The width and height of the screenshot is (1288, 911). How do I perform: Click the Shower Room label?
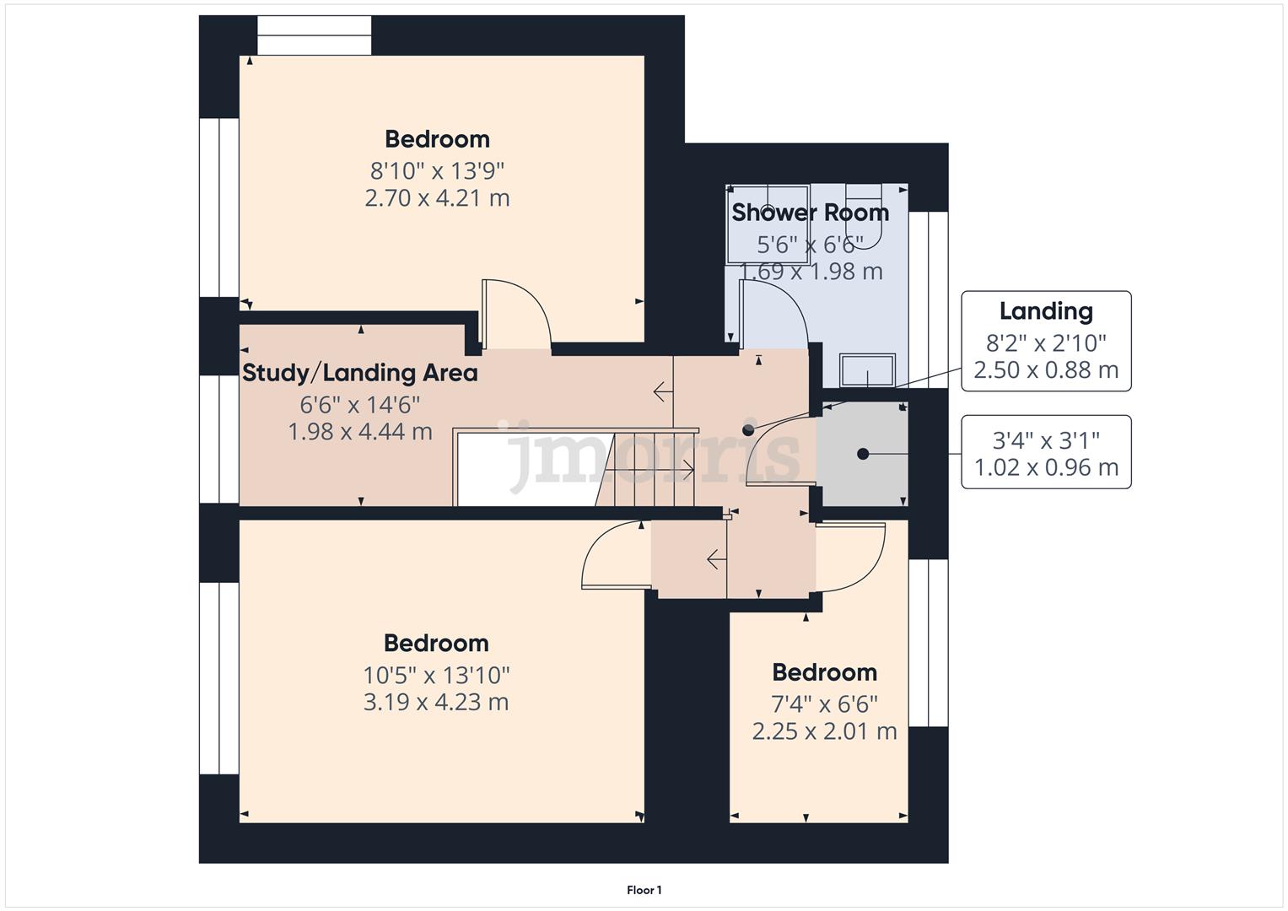tap(810, 213)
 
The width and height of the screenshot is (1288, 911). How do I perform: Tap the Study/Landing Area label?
tap(360, 373)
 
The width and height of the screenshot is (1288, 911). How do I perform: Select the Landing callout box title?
tap(1046, 311)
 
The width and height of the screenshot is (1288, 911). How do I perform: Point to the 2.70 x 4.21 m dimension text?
tap(437, 198)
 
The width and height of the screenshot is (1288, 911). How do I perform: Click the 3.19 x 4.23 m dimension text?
tap(436, 702)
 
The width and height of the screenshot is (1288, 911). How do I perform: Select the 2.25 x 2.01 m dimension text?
tap(824, 731)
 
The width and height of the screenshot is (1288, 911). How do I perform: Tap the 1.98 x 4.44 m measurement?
tap(360, 432)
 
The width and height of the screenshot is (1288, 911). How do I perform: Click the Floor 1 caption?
tap(644, 890)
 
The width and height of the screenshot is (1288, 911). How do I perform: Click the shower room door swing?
tap(773, 314)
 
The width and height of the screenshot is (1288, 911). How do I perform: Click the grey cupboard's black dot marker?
tap(863, 454)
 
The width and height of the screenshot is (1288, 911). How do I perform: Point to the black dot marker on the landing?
tap(748, 430)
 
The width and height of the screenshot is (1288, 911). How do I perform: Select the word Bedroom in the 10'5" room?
tap(436, 644)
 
